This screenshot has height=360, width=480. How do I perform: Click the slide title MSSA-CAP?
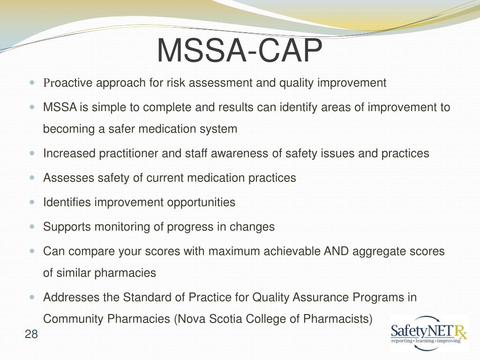click(x=240, y=51)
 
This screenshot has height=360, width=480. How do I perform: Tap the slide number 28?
click(x=31, y=334)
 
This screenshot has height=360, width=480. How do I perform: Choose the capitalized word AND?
click(x=336, y=251)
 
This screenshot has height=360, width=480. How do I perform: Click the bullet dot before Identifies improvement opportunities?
click(x=32, y=202)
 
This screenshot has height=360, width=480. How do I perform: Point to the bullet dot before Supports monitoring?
click(x=32, y=226)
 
